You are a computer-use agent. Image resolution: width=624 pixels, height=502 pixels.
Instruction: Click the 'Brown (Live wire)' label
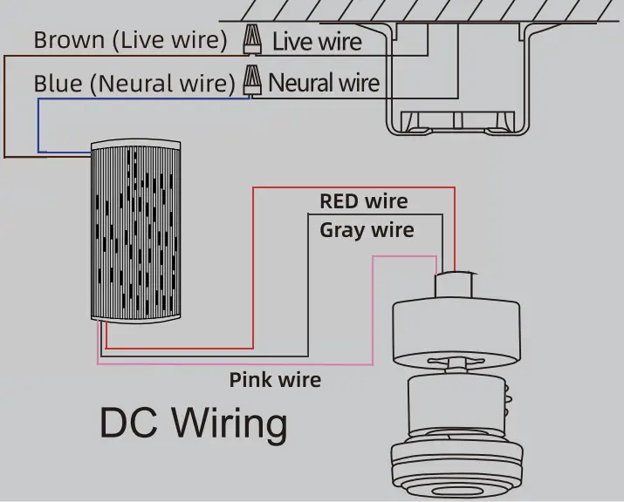pos(130,40)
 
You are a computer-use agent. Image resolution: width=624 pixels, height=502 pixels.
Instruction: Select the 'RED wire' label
pos(363,201)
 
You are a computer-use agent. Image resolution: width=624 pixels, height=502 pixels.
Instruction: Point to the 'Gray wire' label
pos(367,230)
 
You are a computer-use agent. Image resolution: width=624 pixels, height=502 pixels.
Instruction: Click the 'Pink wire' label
pos(275,380)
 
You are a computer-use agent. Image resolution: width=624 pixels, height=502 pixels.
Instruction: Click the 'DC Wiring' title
pos(193,424)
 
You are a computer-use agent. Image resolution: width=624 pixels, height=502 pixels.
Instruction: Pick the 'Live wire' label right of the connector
pos(316,41)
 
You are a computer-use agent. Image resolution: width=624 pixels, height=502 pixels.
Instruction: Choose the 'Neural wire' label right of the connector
pos(324,83)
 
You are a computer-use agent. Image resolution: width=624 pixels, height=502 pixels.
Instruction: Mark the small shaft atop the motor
pos(456,285)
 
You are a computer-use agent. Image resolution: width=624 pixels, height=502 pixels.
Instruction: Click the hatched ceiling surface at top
pos(419,10)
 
